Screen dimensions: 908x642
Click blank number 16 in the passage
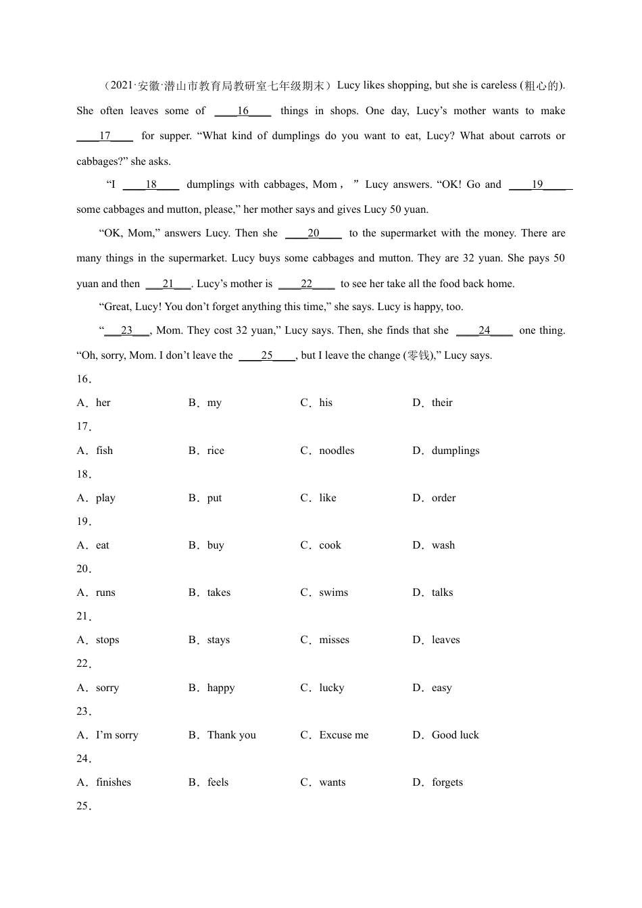point(243,111)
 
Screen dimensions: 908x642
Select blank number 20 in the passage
point(313,233)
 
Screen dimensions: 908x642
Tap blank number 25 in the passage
point(267,355)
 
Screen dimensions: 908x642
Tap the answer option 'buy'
point(216,545)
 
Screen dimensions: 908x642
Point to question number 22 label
point(84,663)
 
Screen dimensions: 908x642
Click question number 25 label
point(84,806)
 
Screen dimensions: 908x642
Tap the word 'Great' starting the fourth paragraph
point(117,307)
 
